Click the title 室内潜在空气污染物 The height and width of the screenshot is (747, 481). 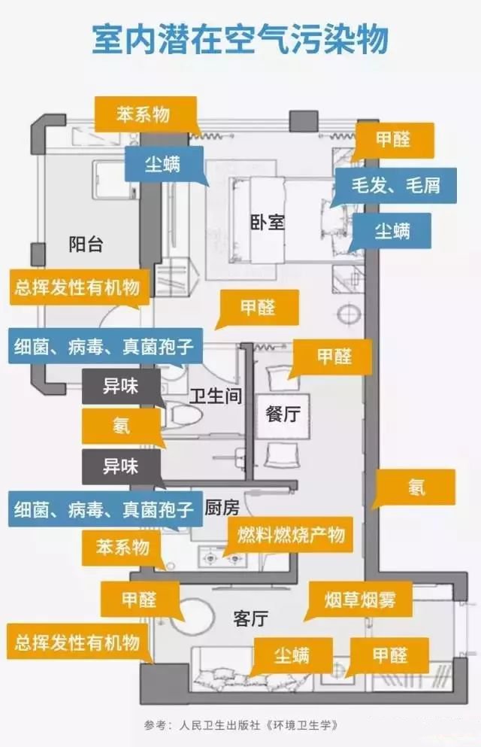pos(240,39)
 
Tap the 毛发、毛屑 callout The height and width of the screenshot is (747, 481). pos(395,185)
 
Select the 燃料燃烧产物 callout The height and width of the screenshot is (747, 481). pos(291,535)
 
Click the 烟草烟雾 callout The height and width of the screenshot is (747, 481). pos(360,600)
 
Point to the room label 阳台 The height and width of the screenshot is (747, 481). pos(86,244)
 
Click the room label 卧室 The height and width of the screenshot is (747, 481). pos(268,222)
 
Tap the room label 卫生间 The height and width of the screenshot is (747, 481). pos(216,396)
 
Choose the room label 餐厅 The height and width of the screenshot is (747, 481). pos(283,413)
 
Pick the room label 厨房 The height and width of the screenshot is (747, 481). pos(222,508)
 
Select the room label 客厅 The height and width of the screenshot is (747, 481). pos(251,618)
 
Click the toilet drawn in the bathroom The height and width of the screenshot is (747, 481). pos(183,414)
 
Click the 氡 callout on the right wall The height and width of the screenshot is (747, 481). pos(416,487)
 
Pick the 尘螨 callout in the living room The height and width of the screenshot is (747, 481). pos(291,656)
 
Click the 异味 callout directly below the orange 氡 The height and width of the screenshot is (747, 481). pos(121,466)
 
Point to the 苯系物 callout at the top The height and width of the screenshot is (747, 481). pos(146,114)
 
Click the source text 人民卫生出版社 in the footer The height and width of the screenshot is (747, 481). pos(219,725)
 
